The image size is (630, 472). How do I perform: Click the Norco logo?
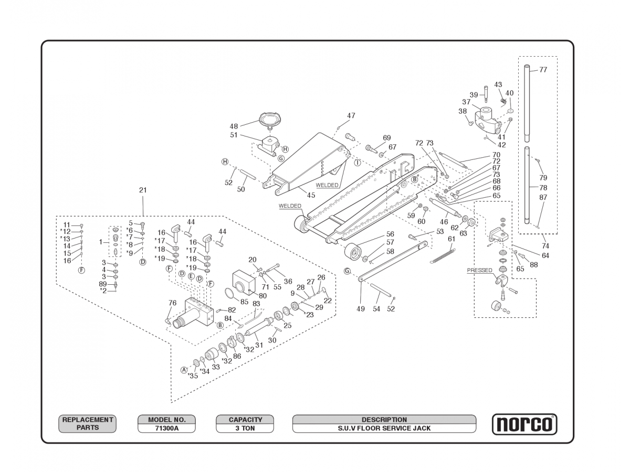pyautogui.click(x=524, y=424)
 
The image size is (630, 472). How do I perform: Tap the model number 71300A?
pyautogui.click(x=166, y=428)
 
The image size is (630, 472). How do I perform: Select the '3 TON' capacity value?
pyautogui.click(x=245, y=428)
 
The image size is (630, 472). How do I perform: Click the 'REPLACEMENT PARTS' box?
pyautogui.click(x=87, y=424)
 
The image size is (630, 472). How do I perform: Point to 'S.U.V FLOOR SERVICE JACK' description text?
pyautogui.click(x=384, y=428)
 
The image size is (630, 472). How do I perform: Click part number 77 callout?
pyautogui.click(x=543, y=70)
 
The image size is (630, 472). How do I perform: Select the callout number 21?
pyautogui.click(x=143, y=190)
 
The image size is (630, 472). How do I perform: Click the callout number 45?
pyautogui.click(x=311, y=195)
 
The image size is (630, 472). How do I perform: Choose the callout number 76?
pyautogui.click(x=172, y=303)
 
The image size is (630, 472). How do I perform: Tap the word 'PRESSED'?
pyautogui.click(x=479, y=271)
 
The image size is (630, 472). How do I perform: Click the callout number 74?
pyautogui.click(x=545, y=246)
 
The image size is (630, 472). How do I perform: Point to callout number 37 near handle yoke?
pyautogui.click(x=466, y=102)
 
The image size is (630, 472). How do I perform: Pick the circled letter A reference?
pyautogui.click(x=184, y=370)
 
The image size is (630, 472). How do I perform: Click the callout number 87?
pyautogui.click(x=543, y=197)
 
